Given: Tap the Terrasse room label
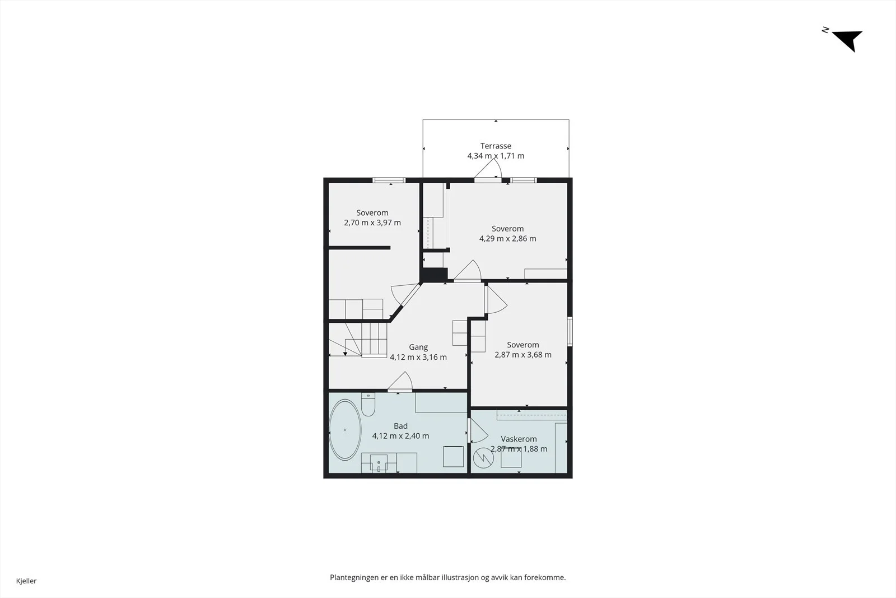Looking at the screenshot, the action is point(496,146).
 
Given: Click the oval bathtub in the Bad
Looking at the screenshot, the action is point(345,430).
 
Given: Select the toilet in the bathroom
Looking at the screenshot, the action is point(368,405).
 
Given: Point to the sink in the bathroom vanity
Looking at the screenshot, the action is point(379,463).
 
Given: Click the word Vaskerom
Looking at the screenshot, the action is point(519,439).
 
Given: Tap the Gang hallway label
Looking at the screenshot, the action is point(418,347).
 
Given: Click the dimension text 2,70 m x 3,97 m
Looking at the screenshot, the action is point(372,222).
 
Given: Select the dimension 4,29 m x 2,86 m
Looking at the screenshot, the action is point(507,239).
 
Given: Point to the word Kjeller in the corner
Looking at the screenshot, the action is point(26,581).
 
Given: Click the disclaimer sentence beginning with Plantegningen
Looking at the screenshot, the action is point(447,577).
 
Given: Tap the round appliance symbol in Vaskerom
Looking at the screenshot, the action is point(483,458).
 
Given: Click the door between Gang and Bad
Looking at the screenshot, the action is point(400,382).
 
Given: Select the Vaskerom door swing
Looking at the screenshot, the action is point(478,430).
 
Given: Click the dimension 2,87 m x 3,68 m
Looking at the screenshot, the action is point(523,355).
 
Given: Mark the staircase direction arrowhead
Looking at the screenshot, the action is point(345,354).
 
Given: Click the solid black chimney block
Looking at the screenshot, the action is point(435,275).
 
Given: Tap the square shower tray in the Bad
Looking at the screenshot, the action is point(453,456).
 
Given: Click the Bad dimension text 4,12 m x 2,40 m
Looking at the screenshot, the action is point(400,436).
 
